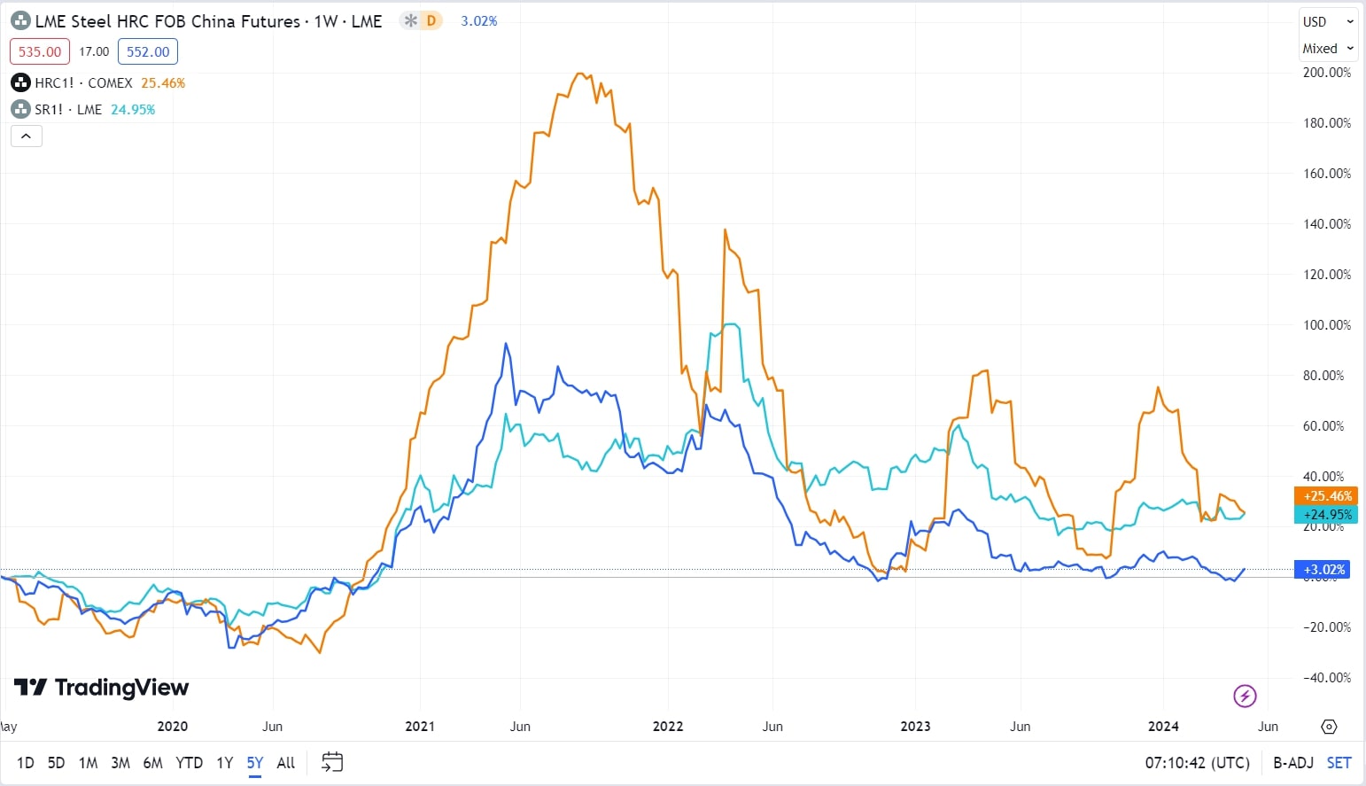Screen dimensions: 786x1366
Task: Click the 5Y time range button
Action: pos(255,762)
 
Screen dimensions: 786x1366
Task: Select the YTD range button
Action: pos(189,762)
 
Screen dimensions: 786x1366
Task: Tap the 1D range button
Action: pos(26,762)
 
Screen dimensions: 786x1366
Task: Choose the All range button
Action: pos(285,762)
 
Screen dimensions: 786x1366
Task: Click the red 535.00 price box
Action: pos(40,51)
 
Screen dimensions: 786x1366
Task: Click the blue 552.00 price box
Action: pos(148,51)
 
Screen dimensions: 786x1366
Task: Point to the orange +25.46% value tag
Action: pos(1326,496)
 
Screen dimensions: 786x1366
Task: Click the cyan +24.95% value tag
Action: pos(1326,515)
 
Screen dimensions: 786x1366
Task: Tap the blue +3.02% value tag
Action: pos(1323,570)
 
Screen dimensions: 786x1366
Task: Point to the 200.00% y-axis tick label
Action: pos(1326,73)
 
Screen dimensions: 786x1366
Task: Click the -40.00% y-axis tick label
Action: pos(1326,678)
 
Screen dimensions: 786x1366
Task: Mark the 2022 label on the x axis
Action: pos(668,727)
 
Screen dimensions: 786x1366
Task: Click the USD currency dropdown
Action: pos(1327,22)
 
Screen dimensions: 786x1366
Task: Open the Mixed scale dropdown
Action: pos(1327,49)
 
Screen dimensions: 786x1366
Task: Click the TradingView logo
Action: pos(102,688)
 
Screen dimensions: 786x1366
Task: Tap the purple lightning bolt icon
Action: pos(1245,696)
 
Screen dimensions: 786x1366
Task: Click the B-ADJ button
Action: pos(1292,762)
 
